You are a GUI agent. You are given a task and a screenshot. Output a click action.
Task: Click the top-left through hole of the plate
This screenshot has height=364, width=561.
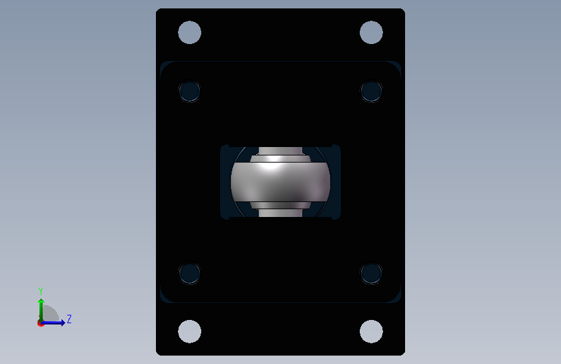190,32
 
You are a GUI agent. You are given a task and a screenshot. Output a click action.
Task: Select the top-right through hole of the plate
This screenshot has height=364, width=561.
371,32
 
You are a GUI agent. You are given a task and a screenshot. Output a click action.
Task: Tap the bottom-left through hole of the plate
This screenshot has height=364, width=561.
190,332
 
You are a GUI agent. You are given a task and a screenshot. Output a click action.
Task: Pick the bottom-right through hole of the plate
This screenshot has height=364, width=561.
371,332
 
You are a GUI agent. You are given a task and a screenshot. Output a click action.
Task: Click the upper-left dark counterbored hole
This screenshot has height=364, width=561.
190,91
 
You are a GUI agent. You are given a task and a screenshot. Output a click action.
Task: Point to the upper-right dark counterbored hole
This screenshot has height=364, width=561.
371,91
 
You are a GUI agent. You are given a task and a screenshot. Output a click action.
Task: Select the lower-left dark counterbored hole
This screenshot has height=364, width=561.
190,273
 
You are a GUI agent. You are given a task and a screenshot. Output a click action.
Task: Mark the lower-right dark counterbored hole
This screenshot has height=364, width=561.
371,273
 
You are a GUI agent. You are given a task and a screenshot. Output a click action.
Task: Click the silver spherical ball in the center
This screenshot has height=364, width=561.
281,182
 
